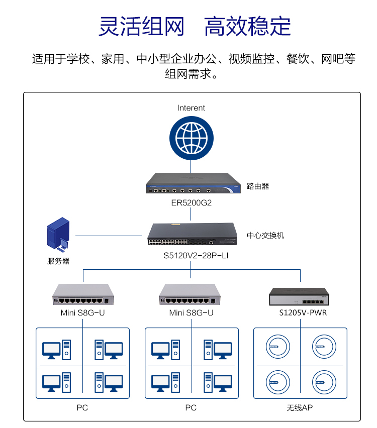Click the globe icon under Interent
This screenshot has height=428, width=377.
pyautogui.click(x=191, y=138)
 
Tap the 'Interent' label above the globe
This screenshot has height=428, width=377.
pyautogui.click(x=191, y=108)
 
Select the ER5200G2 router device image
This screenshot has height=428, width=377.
pyautogui.click(x=193, y=183)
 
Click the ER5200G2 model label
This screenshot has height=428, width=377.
pyautogui.click(x=191, y=203)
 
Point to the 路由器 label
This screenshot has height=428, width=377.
pyautogui.click(x=257, y=186)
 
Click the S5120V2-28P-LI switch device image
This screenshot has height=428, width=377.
pyautogui.click(x=193, y=234)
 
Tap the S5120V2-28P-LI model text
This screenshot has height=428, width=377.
pyautogui.click(x=196, y=256)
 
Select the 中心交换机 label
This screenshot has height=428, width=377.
pyautogui.click(x=265, y=235)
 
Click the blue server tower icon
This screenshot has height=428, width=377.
pyautogui.click(x=58, y=234)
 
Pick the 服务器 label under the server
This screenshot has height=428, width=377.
pyautogui.click(x=58, y=261)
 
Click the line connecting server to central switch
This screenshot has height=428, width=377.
pyautogui.click(x=109, y=236)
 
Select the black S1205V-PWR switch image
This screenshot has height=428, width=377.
pyautogui.click(x=299, y=296)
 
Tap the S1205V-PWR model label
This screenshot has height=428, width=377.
pyautogui.click(x=303, y=312)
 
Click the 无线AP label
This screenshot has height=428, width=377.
pyautogui.click(x=300, y=408)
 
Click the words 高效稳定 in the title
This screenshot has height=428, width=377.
pyautogui.click(x=247, y=26)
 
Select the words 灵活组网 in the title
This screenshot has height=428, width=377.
pyautogui.click(x=141, y=26)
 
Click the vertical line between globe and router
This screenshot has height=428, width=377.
pyautogui.click(x=191, y=166)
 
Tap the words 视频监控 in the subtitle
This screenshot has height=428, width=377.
pyautogui.click(x=252, y=59)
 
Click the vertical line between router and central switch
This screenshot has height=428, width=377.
pyautogui.click(x=191, y=214)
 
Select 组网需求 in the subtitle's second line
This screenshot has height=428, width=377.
pyautogui.click(x=188, y=74)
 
